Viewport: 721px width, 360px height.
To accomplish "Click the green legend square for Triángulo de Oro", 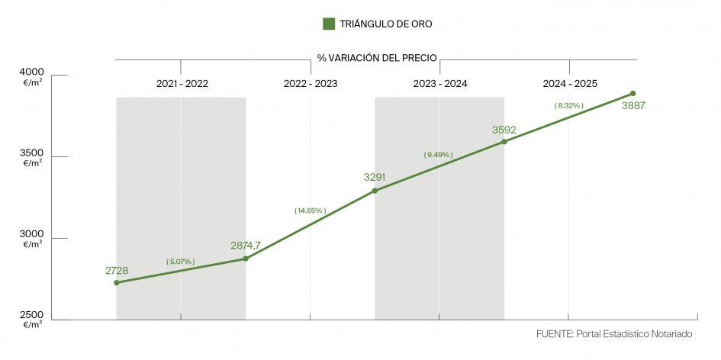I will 329,24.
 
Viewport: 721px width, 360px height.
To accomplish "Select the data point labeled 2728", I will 117,283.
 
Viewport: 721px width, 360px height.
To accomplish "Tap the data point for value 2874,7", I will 246,259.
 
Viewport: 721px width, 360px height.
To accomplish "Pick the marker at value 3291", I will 375,191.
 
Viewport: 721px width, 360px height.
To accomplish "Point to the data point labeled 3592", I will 504,142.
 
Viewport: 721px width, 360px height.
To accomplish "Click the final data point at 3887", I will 633,94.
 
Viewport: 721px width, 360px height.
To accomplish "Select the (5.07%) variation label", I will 181,262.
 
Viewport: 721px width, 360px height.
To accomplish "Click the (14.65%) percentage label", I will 310,211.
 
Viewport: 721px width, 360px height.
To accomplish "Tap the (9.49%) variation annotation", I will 439,155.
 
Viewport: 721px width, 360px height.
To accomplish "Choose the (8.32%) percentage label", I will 569,106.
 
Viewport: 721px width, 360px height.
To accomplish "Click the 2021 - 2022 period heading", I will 182,84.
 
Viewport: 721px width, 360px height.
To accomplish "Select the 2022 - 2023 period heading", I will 311,84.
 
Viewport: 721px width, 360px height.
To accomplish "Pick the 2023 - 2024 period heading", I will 440,84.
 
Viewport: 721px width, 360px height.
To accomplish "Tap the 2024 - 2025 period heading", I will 570,84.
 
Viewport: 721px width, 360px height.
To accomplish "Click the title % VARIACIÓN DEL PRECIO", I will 377,59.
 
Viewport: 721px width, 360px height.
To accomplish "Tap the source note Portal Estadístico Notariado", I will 614,335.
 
